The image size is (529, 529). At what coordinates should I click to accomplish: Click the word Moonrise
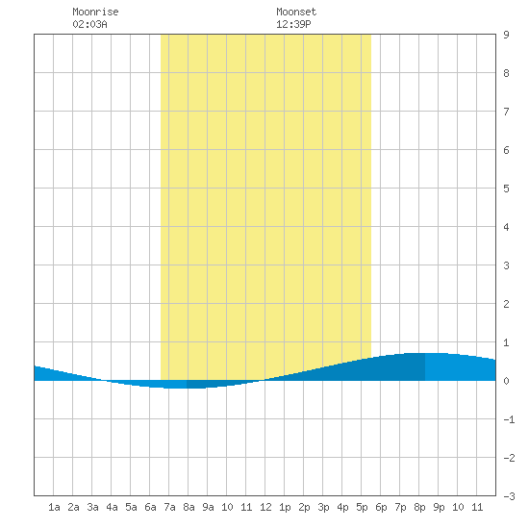click(x=95, y=12)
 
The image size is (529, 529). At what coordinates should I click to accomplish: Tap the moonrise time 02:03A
click(x=89, y=24)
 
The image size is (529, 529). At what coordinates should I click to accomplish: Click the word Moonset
click(x=296, y=12)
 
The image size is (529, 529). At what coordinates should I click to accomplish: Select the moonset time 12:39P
click(x=293, y=24)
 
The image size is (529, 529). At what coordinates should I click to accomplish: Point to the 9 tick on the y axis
click(x=506, y=35)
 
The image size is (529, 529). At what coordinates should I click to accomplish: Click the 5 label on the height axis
click(x=506, y=189)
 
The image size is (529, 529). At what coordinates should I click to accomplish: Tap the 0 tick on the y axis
click(x=506, y=381)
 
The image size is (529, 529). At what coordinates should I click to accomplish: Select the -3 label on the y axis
click(x=509, y=496)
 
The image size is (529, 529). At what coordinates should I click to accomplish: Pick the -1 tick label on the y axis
click(x=509, y=419)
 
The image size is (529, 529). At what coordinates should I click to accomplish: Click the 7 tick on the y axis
click(x=506, y=112)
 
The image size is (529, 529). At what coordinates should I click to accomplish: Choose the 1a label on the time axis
click(x=54, y=507)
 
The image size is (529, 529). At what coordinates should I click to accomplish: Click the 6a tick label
click(x=150, y=507)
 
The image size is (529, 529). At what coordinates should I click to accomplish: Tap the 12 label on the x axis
click(x=265, y=507)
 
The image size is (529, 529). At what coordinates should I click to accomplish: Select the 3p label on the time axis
click(x=323, y=507)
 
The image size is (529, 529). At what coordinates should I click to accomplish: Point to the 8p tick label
click(x=419, y=507)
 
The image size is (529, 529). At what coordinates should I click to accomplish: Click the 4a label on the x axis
click(x=112, y=507)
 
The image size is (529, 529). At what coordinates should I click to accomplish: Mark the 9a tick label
click(x=208, y=507)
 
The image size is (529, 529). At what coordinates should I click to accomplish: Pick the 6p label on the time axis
click(x=381, y=507)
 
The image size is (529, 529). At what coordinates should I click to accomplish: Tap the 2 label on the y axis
click(x=506, y=304)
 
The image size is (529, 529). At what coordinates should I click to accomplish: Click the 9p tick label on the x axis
click(x=439, y=507)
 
